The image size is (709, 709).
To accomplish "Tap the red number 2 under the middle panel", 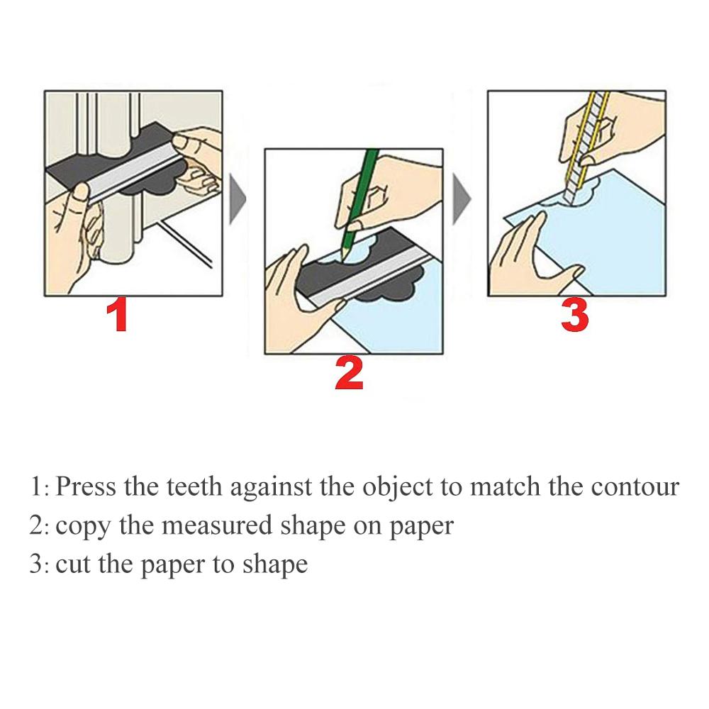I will [349, 374].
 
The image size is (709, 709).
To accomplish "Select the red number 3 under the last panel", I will [574, 316].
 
